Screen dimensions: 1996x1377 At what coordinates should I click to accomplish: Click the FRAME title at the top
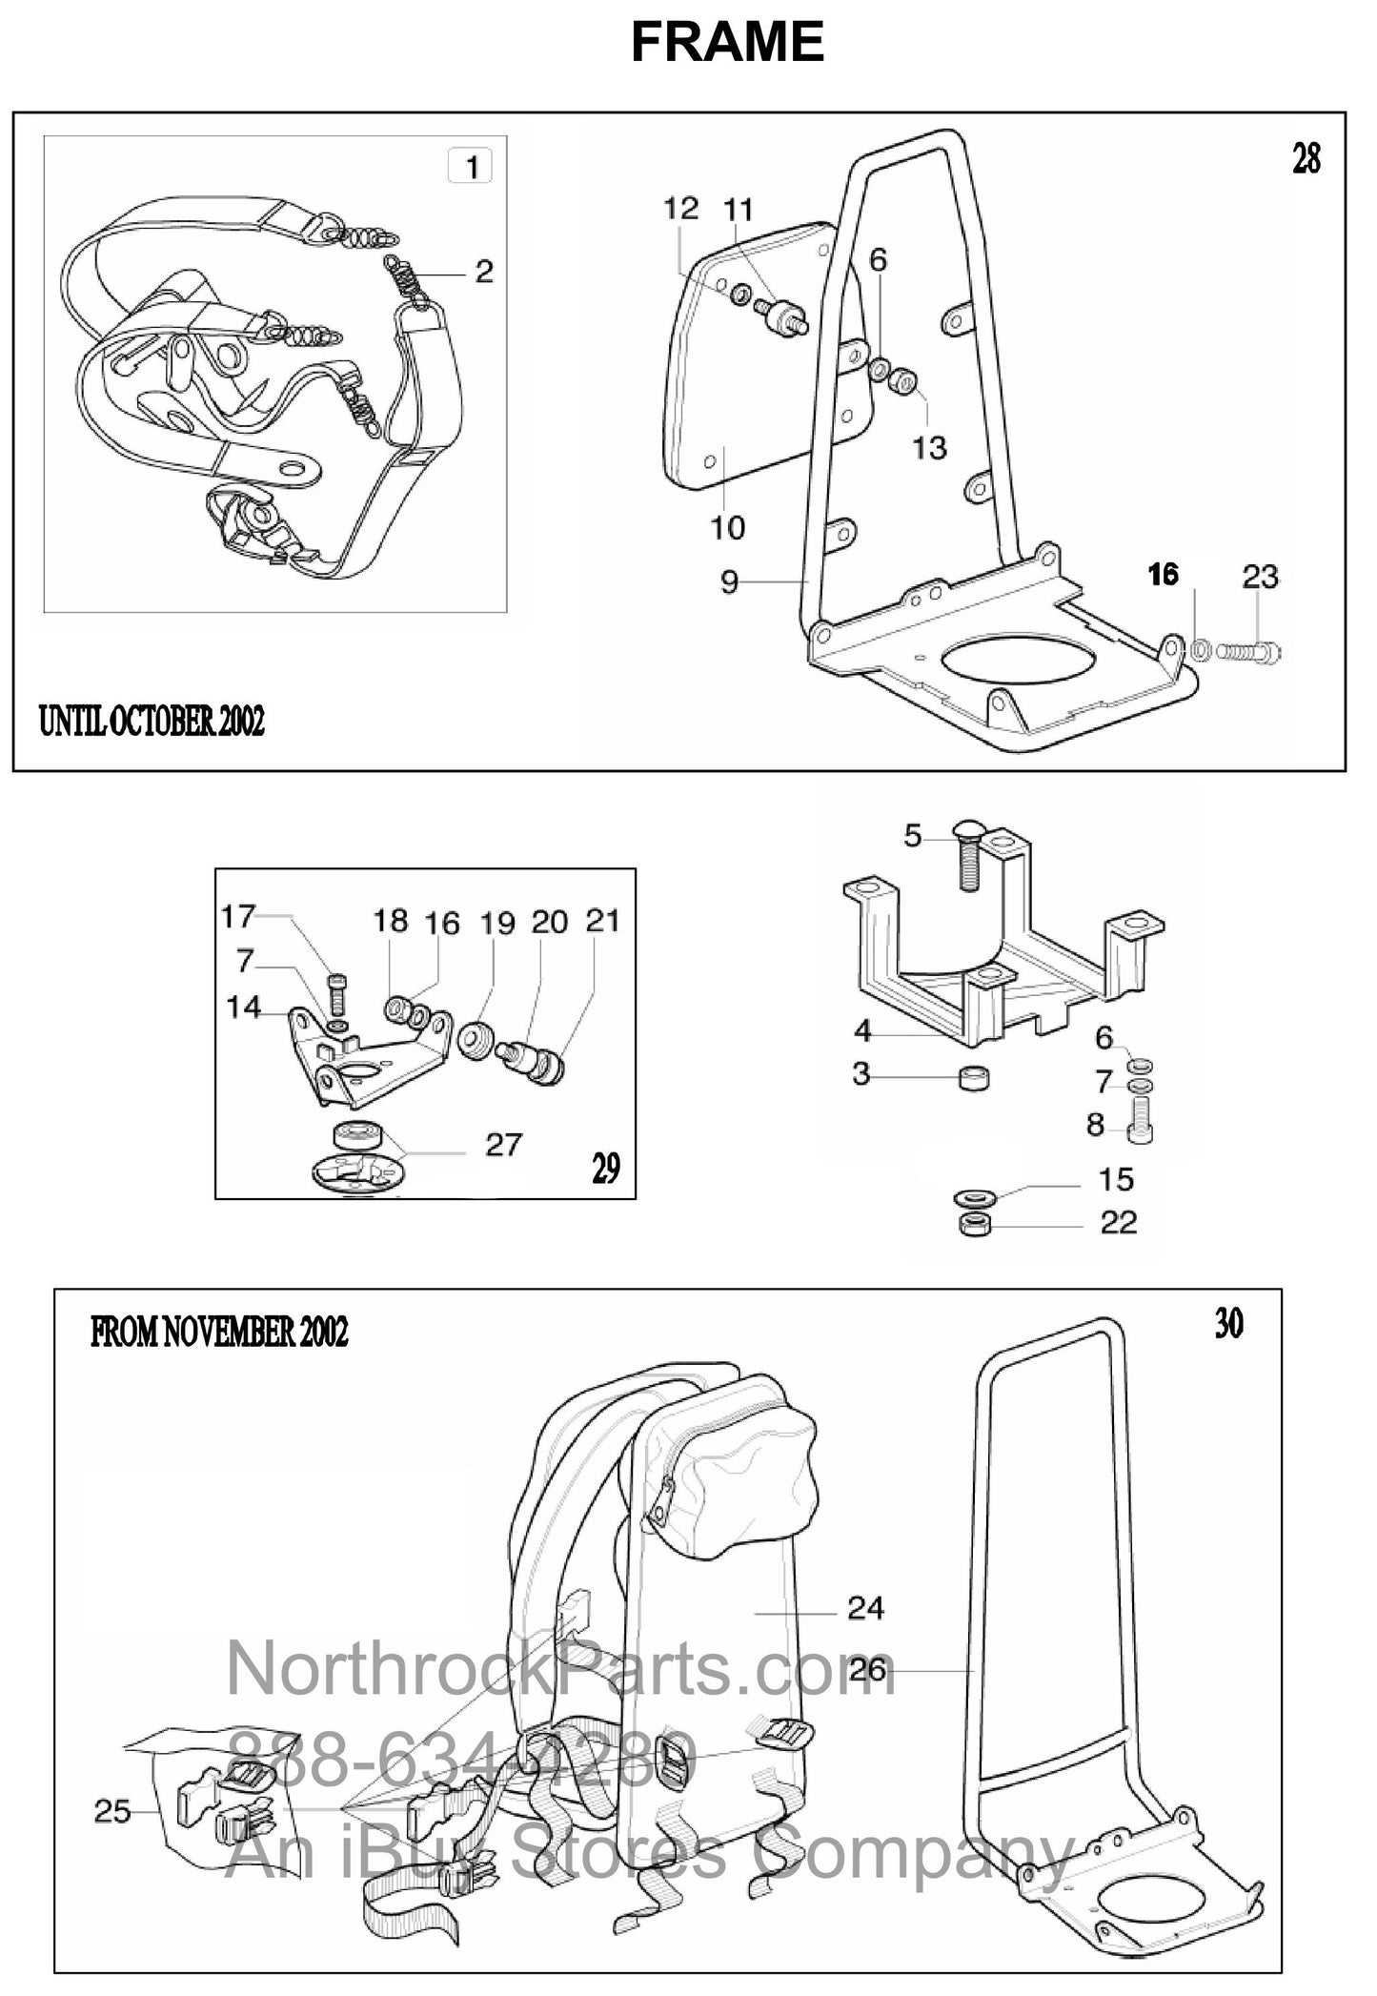click(x=727, y=42)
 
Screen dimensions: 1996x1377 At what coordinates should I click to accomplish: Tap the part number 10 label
click(x=728, y=527)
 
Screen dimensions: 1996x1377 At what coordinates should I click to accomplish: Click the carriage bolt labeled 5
click(x=964, y=859)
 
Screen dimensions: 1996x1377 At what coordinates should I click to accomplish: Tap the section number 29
click(x=606, y=1168)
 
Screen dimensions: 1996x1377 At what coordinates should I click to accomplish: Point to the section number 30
click(x=1228, y=1324)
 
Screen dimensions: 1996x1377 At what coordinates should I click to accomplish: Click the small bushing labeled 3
click(x=972, y=1080)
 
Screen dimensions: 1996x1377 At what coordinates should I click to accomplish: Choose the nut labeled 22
click(x=973, y=1224)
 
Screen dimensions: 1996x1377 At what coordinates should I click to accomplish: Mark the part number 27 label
click(x=503, y=1143)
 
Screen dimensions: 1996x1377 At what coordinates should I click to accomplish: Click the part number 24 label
click(x=865, y=1609)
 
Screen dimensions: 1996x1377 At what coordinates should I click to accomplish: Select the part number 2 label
click(x=484, y=272)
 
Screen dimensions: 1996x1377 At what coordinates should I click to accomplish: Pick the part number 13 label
click(x=929, y=447)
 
